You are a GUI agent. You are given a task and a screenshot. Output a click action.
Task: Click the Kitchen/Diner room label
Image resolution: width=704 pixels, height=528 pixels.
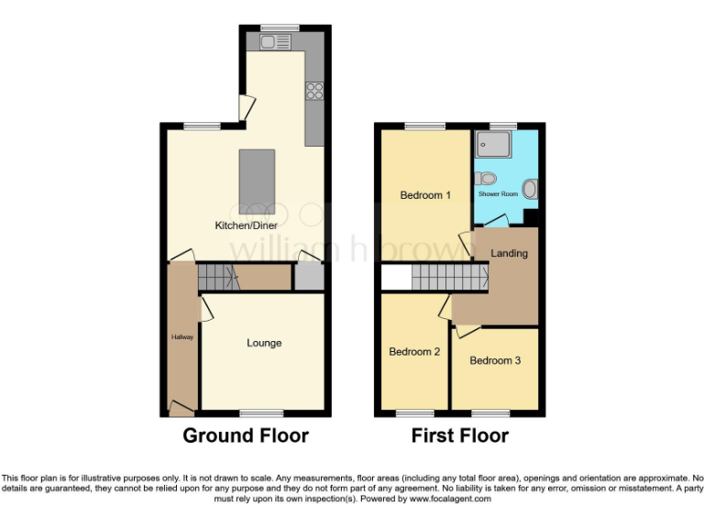coord(246,225)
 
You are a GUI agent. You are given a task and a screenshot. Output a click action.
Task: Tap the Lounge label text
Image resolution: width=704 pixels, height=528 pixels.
coord(264,343)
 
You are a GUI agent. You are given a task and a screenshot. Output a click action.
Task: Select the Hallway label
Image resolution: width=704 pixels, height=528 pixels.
coord(181,337)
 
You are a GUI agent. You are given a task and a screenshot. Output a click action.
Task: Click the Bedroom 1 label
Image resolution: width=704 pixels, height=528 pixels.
coord(425,195)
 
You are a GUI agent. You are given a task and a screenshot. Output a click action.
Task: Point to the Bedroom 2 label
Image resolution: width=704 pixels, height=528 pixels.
coord(414,352)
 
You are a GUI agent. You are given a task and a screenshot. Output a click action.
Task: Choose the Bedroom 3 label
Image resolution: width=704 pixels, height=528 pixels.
coord(495,360)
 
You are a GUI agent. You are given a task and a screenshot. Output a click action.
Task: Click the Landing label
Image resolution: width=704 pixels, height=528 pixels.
coord(509,253)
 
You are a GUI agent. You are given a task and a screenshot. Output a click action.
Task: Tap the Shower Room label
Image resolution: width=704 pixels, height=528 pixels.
coord(498,194)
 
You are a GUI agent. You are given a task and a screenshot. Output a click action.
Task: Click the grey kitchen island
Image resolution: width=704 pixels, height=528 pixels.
coord(257,179)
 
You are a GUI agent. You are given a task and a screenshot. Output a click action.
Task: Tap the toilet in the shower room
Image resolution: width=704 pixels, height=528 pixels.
coord(487,179)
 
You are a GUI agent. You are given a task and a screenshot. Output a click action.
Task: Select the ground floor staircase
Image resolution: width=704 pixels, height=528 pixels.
coord(217,276)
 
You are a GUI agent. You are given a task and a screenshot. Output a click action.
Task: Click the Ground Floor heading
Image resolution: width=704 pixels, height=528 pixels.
coord(246,435)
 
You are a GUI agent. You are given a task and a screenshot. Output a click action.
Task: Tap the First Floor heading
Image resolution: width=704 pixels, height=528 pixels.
coord(459,435)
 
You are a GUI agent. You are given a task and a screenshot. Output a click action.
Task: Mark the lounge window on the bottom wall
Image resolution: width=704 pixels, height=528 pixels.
coord(262,412)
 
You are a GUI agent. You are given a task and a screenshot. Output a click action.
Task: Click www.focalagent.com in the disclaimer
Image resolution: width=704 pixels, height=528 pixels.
coord(450,500)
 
